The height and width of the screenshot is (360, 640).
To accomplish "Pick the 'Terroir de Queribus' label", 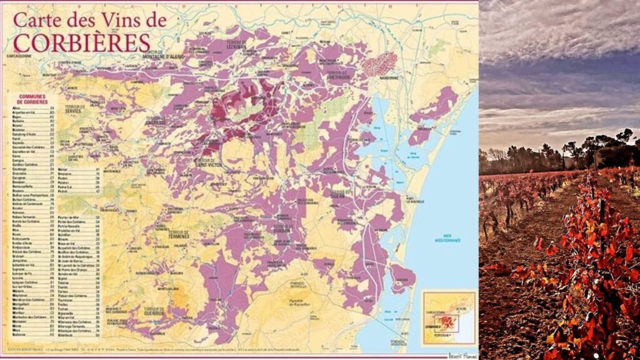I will click(154, 311).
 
